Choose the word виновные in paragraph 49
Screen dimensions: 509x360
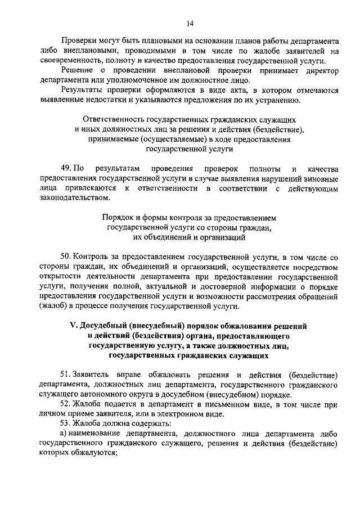click(x=318, y=178)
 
